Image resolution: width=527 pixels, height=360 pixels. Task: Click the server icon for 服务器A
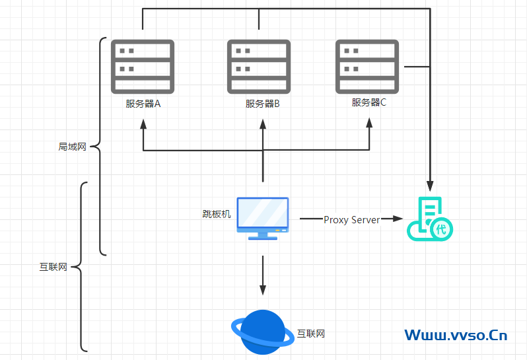coord(143,66)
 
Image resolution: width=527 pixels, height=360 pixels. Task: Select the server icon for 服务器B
coord(259,66)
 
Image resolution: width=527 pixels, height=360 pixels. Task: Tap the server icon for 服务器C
coord(367,66)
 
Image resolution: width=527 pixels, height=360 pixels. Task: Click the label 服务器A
coord(143,104)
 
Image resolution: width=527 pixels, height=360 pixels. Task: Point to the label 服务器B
coord(263,104)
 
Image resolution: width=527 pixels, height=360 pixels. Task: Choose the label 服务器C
coord(369,102)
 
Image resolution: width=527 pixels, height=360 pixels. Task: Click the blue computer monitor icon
coord(263,218)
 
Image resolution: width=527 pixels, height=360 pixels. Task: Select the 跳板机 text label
coord(217,214)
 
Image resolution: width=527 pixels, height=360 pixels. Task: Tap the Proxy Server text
coord(351,219)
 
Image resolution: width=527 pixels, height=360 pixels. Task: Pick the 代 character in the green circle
coord(441,230)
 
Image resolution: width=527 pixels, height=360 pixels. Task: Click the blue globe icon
coord(262,332)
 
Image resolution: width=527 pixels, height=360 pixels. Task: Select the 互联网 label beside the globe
coord(311,334)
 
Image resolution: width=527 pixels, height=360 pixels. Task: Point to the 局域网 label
coord(73,147)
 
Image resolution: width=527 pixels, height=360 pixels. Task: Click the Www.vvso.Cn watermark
coord(456,335)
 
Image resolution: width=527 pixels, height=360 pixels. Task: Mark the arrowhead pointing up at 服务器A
coord(143,126)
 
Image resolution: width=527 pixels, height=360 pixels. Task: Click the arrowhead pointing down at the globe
coord(263,290)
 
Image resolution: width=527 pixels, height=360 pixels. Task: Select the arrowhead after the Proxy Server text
coord(398,219)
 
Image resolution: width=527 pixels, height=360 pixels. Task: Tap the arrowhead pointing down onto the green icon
coord(431,186)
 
